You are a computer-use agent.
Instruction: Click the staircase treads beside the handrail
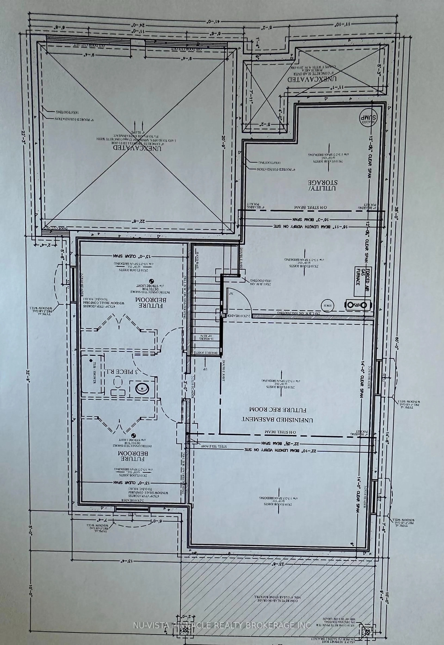(x=206, y=306)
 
